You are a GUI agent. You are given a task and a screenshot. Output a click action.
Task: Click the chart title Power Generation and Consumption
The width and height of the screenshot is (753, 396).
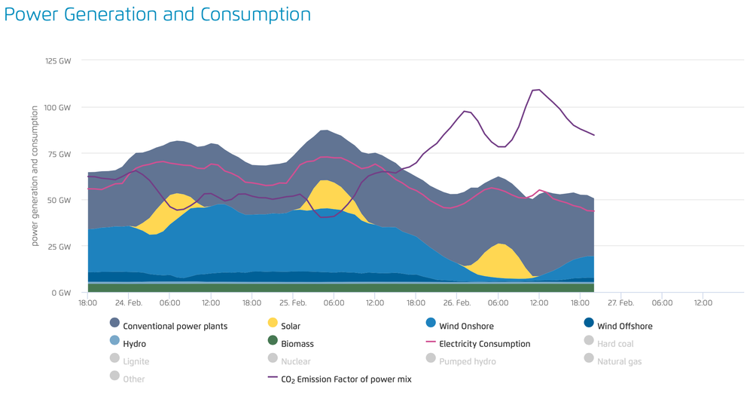[157, 14]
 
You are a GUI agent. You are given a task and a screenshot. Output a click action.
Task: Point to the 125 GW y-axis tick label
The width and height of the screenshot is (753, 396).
[58, 60]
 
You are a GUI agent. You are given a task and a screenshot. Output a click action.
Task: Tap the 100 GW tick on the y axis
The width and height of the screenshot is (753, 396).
[58, 107]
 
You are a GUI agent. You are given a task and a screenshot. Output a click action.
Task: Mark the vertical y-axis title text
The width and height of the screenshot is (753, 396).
[35, 176]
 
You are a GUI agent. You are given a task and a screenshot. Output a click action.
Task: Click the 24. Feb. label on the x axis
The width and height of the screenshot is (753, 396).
[129, 302]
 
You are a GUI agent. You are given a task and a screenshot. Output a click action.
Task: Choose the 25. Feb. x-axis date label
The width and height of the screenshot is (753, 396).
[293, 302]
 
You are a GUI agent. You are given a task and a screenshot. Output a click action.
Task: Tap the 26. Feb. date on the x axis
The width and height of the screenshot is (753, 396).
[456, 302]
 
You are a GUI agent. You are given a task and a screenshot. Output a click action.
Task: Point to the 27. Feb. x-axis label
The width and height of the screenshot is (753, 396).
[620, 302]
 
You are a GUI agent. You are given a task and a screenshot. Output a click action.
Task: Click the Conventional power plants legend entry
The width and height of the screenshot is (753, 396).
[175, 326]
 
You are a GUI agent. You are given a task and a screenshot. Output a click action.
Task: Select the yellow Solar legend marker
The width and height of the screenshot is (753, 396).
[273, 323]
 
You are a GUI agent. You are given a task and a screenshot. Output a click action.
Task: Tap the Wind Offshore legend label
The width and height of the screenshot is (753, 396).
[624, 326]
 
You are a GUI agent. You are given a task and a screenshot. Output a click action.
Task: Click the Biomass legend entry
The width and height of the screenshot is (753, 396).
[297, 343]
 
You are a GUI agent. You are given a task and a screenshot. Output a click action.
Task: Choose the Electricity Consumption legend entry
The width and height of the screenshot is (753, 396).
[484, 343]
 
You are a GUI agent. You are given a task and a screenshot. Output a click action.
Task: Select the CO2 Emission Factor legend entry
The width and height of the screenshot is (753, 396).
[346, 379]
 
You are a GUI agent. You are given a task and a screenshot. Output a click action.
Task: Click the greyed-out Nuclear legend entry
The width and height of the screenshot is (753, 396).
[295, 361]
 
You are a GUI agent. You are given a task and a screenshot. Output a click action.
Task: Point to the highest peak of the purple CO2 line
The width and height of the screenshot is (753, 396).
[538, 90]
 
